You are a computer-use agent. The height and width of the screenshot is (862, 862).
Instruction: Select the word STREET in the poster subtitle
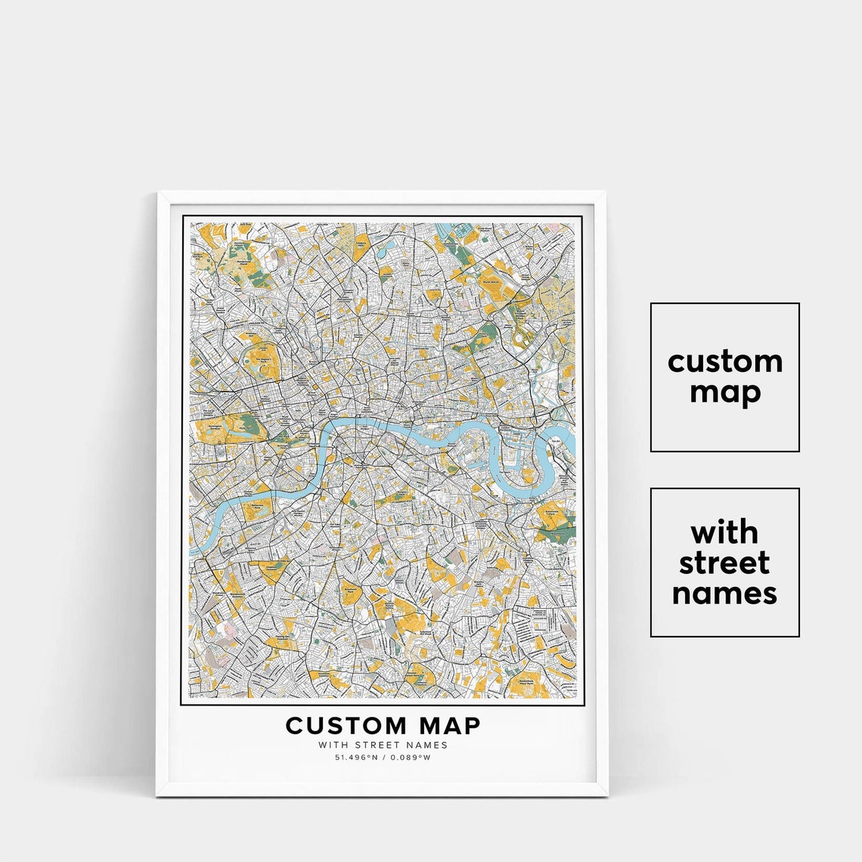point(383,745)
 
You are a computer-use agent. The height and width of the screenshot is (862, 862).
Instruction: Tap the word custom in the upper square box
point(724,361)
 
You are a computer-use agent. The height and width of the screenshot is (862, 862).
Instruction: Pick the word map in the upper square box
point(724,393)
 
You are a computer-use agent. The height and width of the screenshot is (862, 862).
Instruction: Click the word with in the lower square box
point(724,532)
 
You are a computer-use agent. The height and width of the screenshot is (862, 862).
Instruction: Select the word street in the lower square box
point(724,563)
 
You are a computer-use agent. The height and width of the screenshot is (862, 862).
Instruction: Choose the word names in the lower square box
point(724,594)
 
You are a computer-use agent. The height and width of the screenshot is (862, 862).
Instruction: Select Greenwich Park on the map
point(556,515)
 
